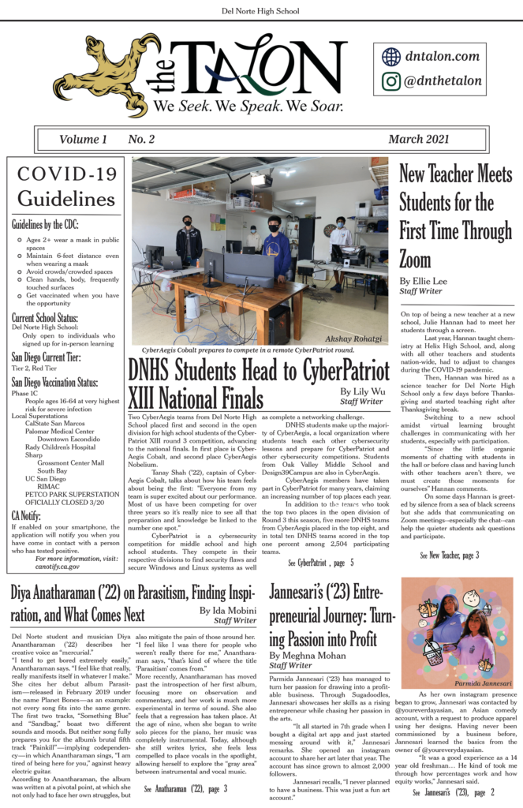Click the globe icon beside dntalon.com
391,57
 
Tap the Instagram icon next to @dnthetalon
391,80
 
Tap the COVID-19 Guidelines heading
66,185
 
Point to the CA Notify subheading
28,515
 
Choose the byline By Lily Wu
363,391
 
